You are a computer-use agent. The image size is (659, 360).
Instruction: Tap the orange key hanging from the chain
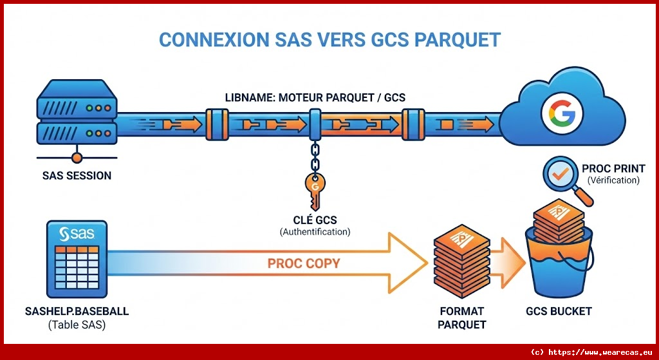tap(315, 189)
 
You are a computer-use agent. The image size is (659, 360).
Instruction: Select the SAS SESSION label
tap(77, 175)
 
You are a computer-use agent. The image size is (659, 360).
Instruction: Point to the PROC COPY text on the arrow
tap(304, 263)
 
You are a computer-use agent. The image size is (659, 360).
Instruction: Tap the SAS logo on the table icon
tap(77, 234)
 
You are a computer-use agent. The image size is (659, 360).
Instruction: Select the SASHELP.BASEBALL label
tap(77, 312)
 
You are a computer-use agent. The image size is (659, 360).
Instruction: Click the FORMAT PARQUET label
tap(461, 318)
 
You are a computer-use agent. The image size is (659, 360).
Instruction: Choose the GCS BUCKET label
tap(558, 312)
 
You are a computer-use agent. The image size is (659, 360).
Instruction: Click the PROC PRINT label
tap(613, 169)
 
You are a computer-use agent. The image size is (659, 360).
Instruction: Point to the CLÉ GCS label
tap(315, 220)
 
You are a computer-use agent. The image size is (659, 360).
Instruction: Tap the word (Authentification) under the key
tap(315, 232)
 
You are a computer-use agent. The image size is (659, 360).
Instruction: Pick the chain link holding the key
tap(315, 156)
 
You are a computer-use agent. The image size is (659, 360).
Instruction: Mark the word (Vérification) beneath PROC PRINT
tap(613, 180)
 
